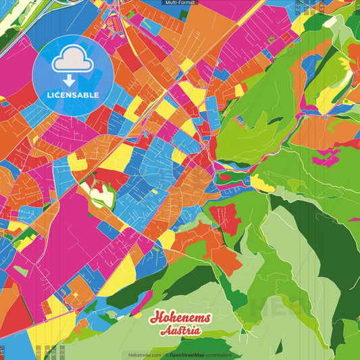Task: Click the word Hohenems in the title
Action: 180,318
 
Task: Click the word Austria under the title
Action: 180,331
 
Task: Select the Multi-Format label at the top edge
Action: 180,3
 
